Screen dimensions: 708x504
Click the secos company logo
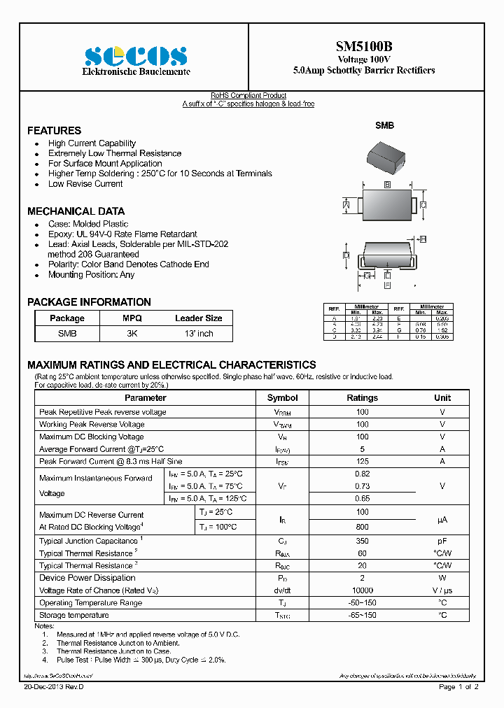tap(136, 56)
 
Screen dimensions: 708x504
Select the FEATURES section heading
tap(54, 131)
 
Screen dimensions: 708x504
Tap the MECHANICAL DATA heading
tap(76, 211)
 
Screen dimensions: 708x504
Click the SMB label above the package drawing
tap(384, 125)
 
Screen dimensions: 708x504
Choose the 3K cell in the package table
tap(132, 334)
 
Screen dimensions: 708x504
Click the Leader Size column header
tap(198, 318)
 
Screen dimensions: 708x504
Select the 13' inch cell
tap(198, 334)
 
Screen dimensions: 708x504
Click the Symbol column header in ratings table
tap(282, 398)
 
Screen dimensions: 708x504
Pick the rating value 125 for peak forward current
tap(362, 462)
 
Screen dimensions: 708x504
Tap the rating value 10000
tap(362, 590)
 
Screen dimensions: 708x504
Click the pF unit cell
tap(442, 541)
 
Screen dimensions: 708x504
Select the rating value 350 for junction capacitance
tap(362, 541)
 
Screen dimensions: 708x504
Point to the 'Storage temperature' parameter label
tap(74, 616)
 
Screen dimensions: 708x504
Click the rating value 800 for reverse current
tap(362, 527)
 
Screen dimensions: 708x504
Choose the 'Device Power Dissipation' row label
tap(87, 578)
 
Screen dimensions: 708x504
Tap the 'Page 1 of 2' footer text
tap(458, 688)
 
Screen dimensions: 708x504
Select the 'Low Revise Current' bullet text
tap(85, 184)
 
